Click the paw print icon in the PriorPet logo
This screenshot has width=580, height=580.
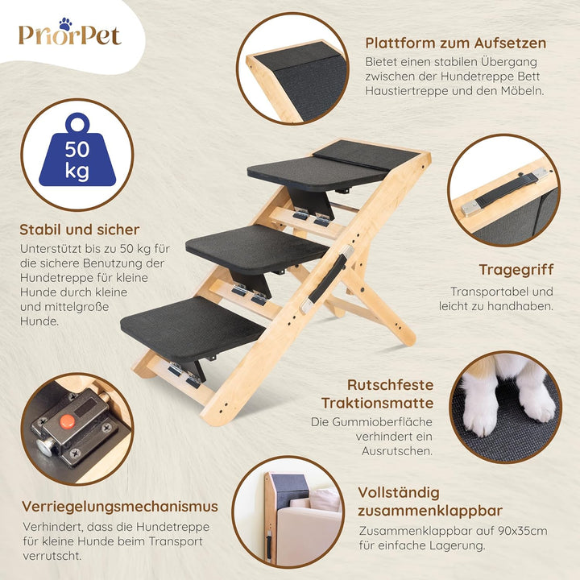(64, 24)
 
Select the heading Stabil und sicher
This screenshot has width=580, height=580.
(80, 230)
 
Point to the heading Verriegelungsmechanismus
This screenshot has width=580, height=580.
(120, 507)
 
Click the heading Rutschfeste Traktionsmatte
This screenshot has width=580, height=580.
(379, 394)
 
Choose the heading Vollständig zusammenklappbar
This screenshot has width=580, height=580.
(431, 501)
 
